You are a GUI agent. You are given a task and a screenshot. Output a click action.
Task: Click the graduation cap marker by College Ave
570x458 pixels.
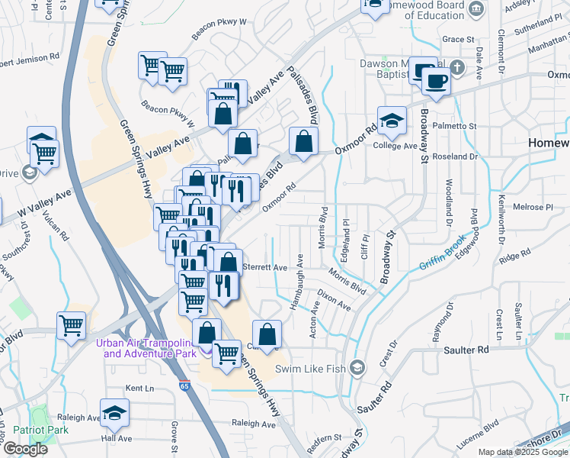[x=392, y=121]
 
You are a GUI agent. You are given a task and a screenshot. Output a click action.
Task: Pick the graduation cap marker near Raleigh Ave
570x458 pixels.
[x=115, y=413]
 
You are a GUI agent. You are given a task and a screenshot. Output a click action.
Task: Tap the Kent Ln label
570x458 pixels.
[x=139, y=389]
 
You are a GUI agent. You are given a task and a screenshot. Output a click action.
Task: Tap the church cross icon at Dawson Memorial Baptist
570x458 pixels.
[x=456, y=67]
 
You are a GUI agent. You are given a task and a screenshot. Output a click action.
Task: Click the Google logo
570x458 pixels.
[x=25, y=449]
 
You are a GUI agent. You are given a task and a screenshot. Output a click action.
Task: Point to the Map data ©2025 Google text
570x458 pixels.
[x=524, y=453]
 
